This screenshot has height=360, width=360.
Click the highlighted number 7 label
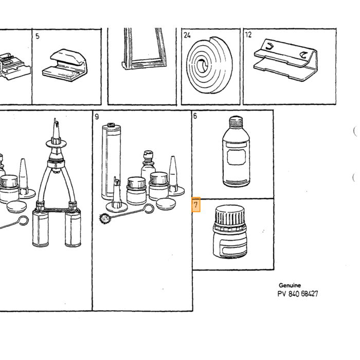[196, 205]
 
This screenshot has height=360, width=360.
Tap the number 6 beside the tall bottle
[195, 116]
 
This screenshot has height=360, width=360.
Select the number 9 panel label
[97, 117]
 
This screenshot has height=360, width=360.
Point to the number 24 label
[187, 35]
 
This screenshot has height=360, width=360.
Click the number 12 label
[248, 34]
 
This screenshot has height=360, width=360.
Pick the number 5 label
[38, 37]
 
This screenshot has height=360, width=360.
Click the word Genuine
[290, 285]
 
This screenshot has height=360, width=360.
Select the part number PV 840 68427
[298, 294]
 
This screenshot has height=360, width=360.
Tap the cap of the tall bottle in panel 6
[236, 121]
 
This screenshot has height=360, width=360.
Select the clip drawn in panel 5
[65, 65]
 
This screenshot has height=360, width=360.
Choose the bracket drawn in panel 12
[286, 60]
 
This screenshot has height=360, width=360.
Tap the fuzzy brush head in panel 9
[104, 218]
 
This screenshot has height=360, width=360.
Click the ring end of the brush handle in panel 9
[149, 209]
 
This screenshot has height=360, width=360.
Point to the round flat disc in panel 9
[166, 204]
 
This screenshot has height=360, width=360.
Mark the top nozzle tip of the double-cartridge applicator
[55, 119]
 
